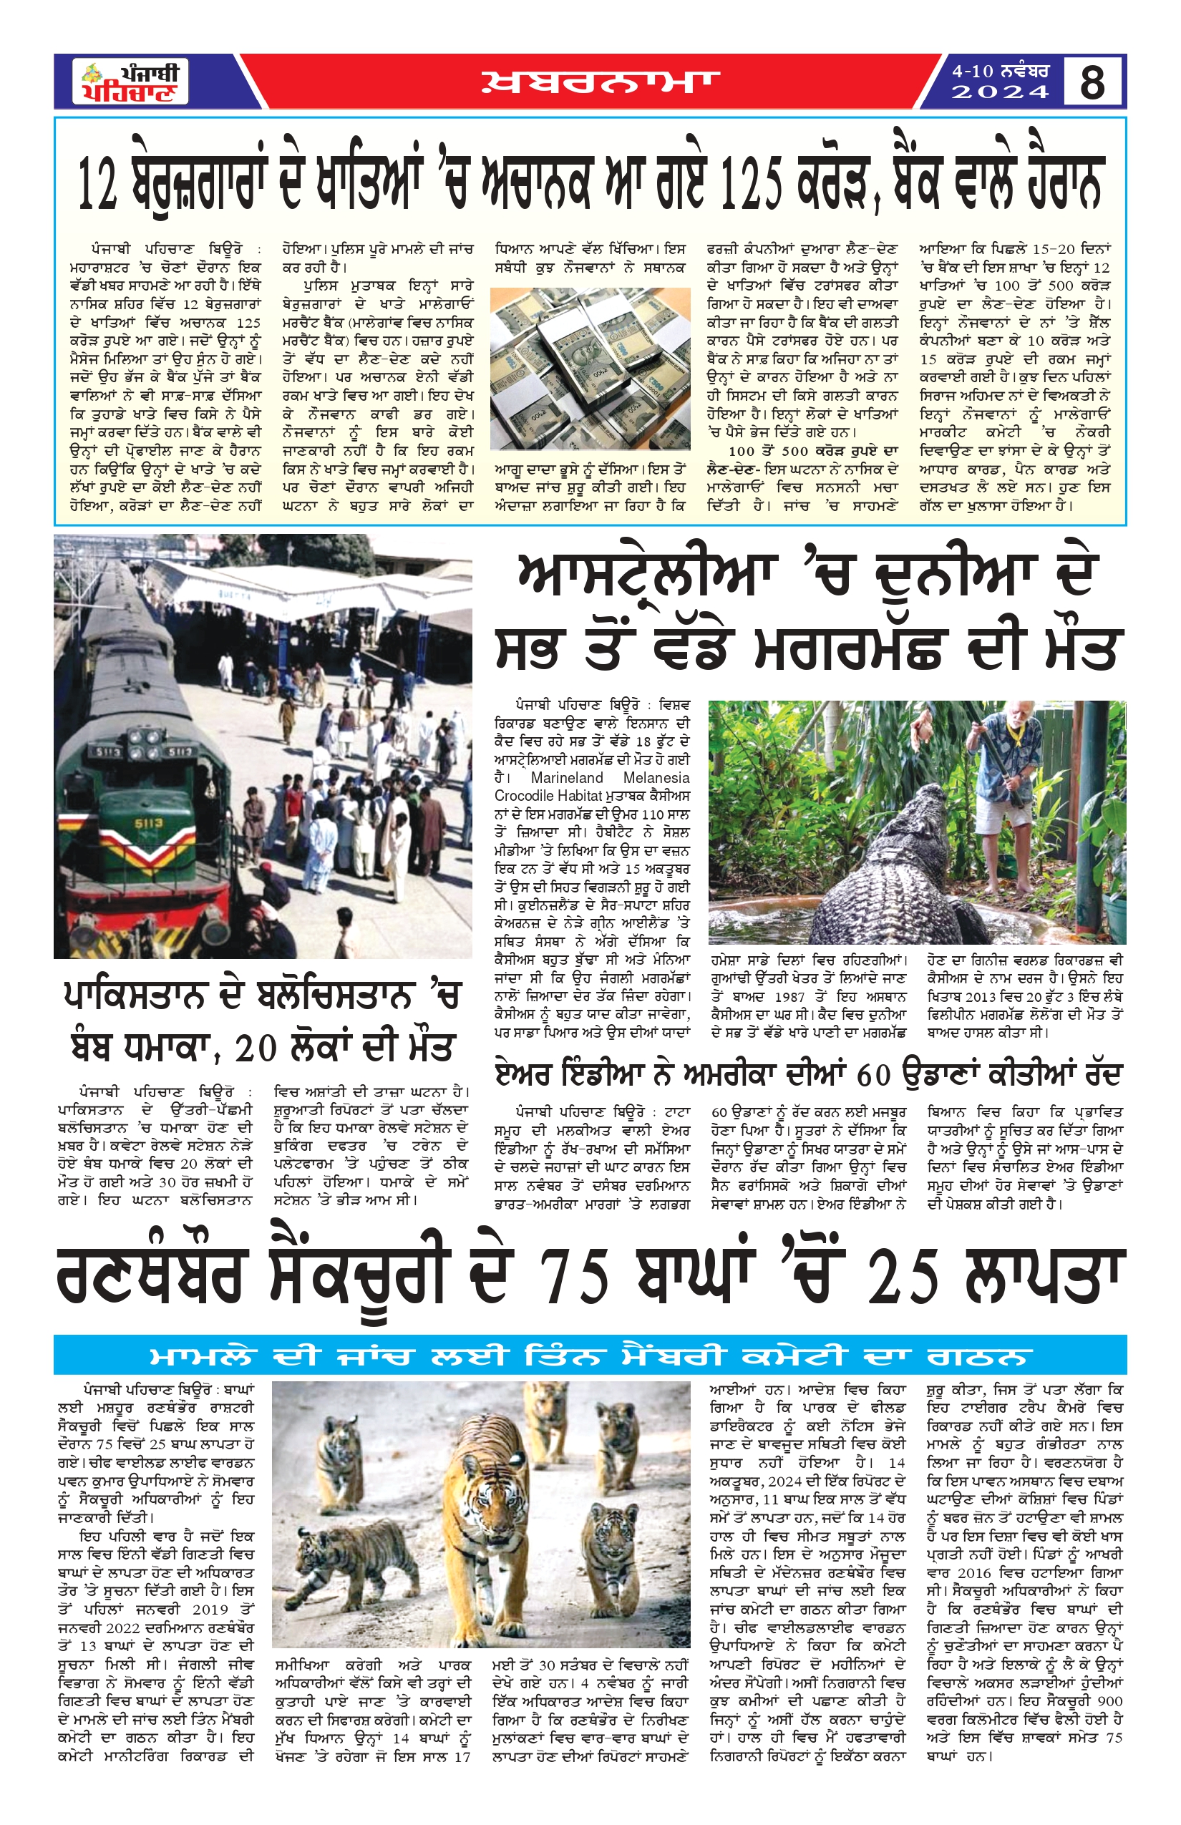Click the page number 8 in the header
coord(1092,82)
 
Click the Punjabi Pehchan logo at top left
coord(131,82)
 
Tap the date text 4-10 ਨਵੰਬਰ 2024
coord(1000,82)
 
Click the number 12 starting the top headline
coord(99,184)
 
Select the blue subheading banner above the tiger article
coord(590,1354)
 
